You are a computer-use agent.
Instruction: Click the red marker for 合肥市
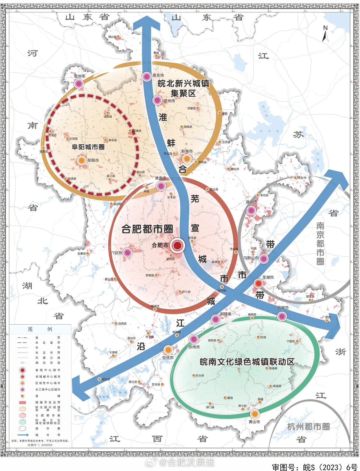pyautogui.click(x=177, y=245)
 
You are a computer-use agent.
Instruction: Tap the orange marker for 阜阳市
pyautogui.click(x=82, y=160)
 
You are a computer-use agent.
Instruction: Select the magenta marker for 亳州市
pyautogui.click(x=79, y=83)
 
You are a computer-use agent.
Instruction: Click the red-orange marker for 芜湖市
pyautogui.click(x=258, y=283)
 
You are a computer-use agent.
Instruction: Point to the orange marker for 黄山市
pyautogui.click(x=255, y=414)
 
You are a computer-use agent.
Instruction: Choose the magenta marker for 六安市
pyautogui.click(x=127, y=253)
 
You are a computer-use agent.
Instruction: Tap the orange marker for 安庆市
pyautogui.click(x=168, y=350)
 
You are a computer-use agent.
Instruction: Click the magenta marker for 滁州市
pyautogui.click(x=251, y=210)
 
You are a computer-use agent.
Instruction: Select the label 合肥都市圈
pyautogui.click(x=147, y=229)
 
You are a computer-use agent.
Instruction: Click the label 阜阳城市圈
pyautogui.click(x=88, y=147)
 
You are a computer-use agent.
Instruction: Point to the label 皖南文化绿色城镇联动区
pyautogui.click(x=247, y=362)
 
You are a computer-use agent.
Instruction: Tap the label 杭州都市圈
pyautogui.click(x=308, y=427)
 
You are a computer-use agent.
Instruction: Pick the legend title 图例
pyautogui.click(x=40, y=329)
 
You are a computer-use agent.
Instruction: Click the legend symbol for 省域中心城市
pyautogui.click(x=22, y=370)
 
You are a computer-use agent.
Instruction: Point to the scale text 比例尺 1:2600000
pyautogui.click(x=40, y=445)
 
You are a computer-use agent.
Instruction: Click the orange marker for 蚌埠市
pyautogui.click(x=187, y=159)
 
